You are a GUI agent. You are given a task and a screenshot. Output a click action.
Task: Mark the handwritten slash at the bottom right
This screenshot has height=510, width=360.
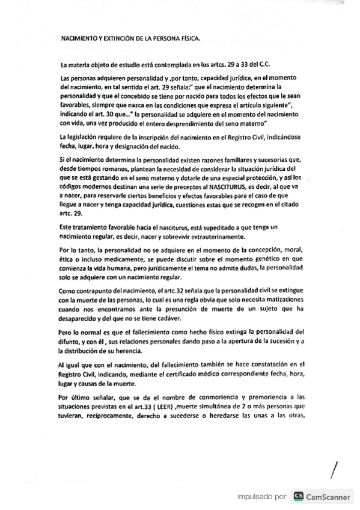click(x=331, y=467)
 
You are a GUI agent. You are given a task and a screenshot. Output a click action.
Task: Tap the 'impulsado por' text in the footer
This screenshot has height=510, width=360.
click(x=261, y=497)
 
